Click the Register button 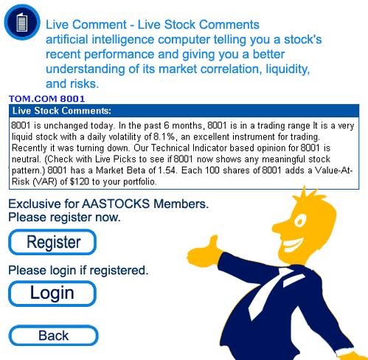pos(52,242)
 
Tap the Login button pos(52,294)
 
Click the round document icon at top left pos(22,22)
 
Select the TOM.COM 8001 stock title pos(46,99)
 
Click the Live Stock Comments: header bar pos(184,111)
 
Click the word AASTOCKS pos(116,204)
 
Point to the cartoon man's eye pos(300,221)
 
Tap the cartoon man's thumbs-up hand pos(204,251)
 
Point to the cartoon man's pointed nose pos(279,227)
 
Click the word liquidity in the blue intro pos(288,69)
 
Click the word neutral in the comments pos(26,159)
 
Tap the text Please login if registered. pos(78,271)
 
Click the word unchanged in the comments pos(66,125)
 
